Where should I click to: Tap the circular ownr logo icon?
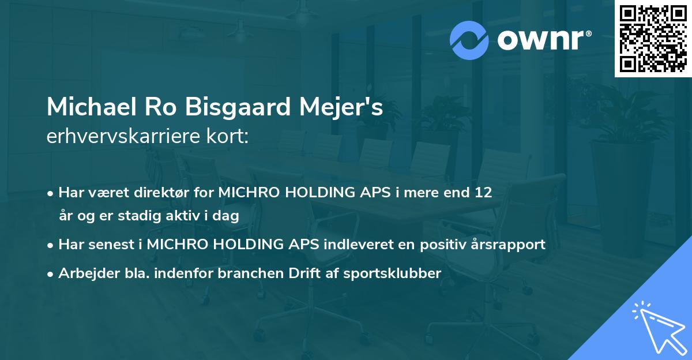pos(469,40)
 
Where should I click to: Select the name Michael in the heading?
pos(85,108)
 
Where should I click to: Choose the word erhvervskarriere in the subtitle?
pos(123,137)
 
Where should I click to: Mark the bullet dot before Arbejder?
pos(51,273)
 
